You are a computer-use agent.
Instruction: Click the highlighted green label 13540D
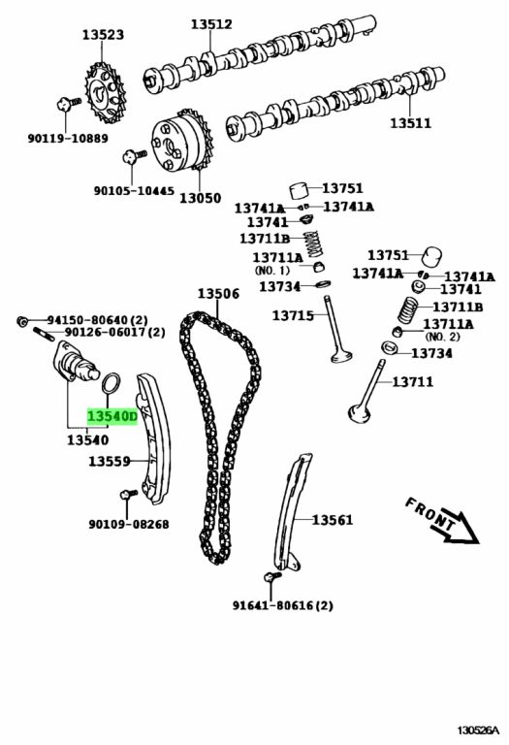point(111,416)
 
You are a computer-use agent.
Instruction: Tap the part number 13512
point(211,24)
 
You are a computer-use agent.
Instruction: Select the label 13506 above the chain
point(218,294)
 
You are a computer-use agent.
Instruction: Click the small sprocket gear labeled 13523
point(105,93)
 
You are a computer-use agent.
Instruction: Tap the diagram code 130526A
point(479,729)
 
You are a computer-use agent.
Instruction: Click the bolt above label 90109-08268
point(128,495)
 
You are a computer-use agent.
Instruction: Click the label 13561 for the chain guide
point(333,520)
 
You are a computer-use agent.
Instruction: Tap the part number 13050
point(200,198)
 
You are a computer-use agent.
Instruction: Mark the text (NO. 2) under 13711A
point(442,337)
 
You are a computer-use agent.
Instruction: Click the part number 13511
point(411,123)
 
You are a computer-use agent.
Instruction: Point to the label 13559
point(110,461)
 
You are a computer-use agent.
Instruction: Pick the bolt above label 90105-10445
point(134,156)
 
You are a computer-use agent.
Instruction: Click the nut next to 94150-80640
point(22,321)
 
